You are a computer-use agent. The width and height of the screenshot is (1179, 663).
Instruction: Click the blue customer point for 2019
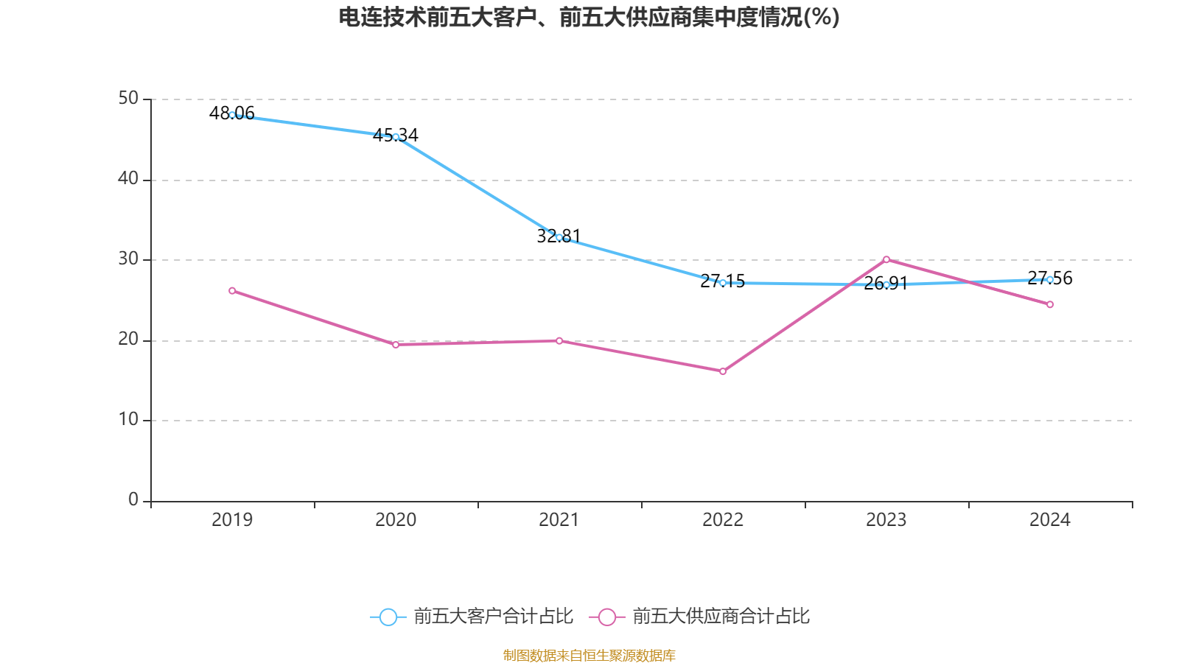(232, 115)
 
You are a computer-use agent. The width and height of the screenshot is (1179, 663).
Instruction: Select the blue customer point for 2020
(396, 137)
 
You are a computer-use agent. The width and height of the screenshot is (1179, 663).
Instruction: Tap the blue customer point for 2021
(559, 237)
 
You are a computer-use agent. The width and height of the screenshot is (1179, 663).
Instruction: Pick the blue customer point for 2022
(723, 283)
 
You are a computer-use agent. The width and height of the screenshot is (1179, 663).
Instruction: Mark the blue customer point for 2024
(1050, 279)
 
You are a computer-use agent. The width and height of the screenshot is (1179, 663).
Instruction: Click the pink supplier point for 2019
(232, 291)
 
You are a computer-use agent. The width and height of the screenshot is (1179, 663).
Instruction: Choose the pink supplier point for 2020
(396, 345)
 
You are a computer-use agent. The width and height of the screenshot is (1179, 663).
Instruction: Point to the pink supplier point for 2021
(559, 340)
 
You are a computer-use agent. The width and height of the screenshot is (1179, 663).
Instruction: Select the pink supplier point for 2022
(723, 371)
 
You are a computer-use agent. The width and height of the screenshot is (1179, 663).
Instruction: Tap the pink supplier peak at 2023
(886, 259)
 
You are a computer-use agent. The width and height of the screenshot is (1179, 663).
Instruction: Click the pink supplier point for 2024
(1050, 304)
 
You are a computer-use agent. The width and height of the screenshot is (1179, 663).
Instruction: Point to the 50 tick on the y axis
(128, 98)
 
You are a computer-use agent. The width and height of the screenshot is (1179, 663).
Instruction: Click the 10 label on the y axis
(128, 419)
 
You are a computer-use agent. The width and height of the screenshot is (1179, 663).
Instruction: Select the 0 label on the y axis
(133, 499)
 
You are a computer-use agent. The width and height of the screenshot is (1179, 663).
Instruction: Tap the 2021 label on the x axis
(559, 520)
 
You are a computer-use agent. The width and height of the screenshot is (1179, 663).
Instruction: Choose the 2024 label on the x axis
(1050, 520)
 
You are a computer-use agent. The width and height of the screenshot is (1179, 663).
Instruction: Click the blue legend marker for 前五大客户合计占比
(388, 617)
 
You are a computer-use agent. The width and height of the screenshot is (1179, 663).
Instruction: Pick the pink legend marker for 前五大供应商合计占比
(606, 617)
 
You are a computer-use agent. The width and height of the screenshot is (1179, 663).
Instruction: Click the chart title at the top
(589, 17)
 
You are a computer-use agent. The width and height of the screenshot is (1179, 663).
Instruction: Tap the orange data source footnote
(589, 655)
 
